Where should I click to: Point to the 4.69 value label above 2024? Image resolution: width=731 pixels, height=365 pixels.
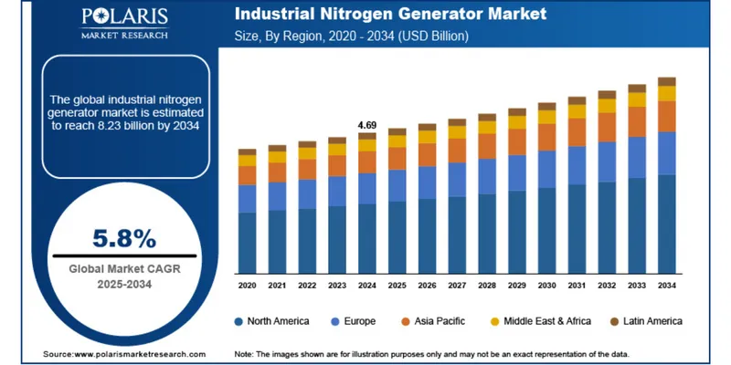(366, 124)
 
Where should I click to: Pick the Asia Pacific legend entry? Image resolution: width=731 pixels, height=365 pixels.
(436, 321)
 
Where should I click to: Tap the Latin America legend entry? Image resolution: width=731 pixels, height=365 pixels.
(643, 321)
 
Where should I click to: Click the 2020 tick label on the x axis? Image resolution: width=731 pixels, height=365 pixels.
(247, 286)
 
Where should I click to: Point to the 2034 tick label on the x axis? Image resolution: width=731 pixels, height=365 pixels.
(667, 286)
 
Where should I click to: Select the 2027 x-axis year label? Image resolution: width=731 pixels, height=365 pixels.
(457, 286)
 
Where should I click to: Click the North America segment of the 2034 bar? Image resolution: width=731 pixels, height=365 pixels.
(667, 224)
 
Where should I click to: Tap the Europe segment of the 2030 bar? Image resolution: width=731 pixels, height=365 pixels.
(546, 170)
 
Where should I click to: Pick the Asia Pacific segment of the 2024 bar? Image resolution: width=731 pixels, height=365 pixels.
(366, 162)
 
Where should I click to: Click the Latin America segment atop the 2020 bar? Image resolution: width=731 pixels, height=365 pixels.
(247, 151)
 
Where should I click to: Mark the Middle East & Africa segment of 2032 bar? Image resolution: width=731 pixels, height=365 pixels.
(607, 106)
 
